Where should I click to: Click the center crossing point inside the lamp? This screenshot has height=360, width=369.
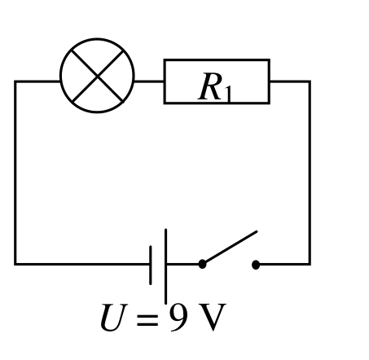[x=97, y=76]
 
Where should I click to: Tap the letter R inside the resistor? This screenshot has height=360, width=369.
[x=210, y=87]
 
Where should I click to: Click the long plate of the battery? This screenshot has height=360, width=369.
[x=165, y=266]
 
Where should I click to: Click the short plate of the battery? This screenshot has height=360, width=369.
[x=151, y=265]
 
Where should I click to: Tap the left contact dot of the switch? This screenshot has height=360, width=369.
[x=202, y=264]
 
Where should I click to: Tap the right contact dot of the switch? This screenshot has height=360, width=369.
[x=256, y=265]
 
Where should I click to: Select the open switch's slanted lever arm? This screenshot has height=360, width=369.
[x=231, y=247]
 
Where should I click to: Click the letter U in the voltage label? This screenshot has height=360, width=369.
[x=113, y=317]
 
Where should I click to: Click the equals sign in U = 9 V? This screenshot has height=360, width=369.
[x=147, y=320]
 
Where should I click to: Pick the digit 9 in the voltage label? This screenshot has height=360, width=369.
[x=178, y=317]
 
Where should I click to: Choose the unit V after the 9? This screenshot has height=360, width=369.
[x=213, y=317]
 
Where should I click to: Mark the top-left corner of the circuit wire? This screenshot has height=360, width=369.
[x=15, y=81]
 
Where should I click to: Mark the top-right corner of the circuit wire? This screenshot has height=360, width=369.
[x=310, y=81]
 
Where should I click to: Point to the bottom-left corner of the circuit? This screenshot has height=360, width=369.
[x=15, y=264]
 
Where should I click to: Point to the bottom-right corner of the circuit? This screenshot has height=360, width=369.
[x=310, y=264]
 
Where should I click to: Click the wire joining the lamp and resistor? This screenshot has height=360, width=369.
[x=149, y=81]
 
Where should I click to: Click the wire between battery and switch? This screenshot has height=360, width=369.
[x=182, y=264]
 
